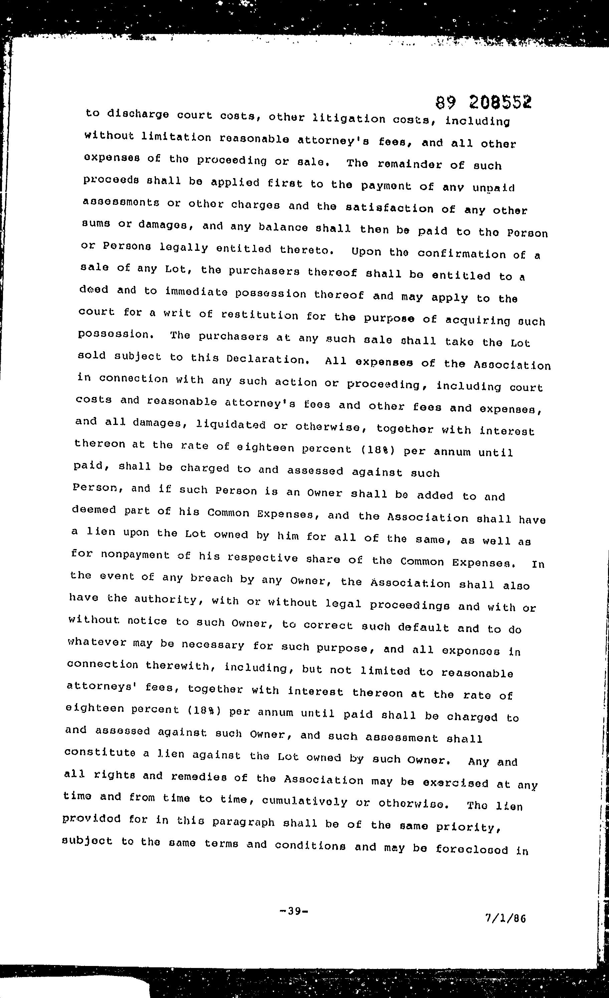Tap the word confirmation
click(x=462, y=254)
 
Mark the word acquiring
click(x=478, y=320)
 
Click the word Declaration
click(x=268, y=359)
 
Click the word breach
click(x=211, y=578)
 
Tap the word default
click(x=423, y=628)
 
